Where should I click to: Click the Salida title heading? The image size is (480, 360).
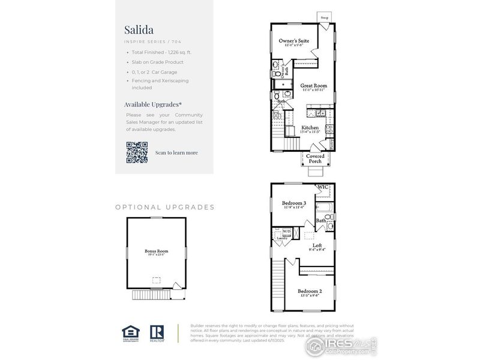point(139,29)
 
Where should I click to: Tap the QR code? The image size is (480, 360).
point(137,152)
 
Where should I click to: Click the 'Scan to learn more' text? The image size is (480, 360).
point(176,152)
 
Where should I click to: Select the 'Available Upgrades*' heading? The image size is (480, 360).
point(152,104)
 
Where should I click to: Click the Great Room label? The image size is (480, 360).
point(314,86)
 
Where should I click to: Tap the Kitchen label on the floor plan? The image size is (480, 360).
point(310,128)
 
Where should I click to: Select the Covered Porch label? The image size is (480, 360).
point(316,158)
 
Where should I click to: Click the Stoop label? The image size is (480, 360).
point(325,18)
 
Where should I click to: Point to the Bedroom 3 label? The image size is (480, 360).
point(294,203)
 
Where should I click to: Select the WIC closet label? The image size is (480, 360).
point(323,187)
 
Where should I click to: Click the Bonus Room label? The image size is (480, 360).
point(156,251)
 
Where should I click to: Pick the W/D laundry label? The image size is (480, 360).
point(287,232)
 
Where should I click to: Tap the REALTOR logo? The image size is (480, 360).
point(157,333)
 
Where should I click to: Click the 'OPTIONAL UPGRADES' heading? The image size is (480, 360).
point(164,207)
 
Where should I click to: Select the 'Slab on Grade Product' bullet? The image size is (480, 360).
point(158,62)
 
